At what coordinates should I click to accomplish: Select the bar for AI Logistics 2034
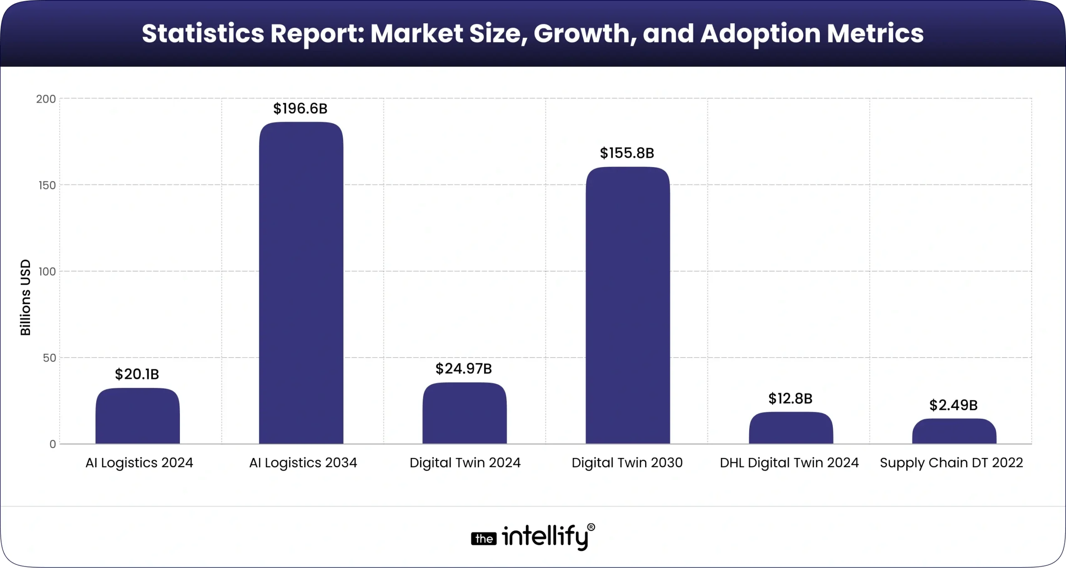pos(301,283)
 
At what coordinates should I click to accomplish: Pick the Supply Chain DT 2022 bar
pos(954,431)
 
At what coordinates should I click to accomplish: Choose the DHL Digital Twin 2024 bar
pos(791,428)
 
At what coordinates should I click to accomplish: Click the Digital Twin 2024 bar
pos(464,413)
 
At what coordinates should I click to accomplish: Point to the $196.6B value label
pos(300,109)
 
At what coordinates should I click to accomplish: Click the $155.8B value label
pos(627,153)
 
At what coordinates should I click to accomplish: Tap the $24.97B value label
pos(463,369)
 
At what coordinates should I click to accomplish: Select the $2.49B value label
pos(953,405)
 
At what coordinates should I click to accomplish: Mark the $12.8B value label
pos(790,399)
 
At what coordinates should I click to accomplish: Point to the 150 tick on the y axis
pos(47,185)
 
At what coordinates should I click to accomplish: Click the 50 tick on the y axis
pos(49,358)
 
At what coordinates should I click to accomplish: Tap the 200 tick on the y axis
pos(46,99)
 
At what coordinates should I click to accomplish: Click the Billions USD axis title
pos(26,297)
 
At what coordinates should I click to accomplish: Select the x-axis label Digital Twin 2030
pos(627,463)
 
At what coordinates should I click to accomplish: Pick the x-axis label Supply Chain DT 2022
pos(951,463)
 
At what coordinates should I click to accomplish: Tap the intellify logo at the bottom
pos(533,538)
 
